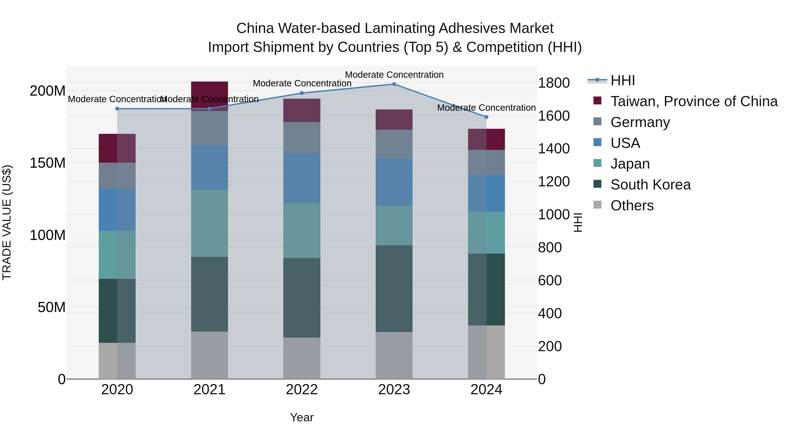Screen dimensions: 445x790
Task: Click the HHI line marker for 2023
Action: click(394, 84)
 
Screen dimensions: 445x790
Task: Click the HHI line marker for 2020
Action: click(117, 109)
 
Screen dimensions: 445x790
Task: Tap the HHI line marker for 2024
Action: click(486, 117)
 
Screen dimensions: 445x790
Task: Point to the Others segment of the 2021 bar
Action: click(210, 355)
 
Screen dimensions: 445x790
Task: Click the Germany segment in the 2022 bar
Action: click(302, 137)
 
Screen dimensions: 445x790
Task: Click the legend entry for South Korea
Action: click(650, 185)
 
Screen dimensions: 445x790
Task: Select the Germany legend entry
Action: click(640, 122)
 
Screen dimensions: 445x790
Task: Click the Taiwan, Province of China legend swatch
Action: click(597, 101)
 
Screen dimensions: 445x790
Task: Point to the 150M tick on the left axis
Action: click(48, 163)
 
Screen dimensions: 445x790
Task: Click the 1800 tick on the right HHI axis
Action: click(554, 83)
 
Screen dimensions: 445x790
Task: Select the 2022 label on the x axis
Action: click(302, 390)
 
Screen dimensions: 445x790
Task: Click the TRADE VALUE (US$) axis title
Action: click(7, 222)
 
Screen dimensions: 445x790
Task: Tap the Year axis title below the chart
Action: click(302, 417)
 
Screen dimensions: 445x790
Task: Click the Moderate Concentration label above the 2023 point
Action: click(394, 75)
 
